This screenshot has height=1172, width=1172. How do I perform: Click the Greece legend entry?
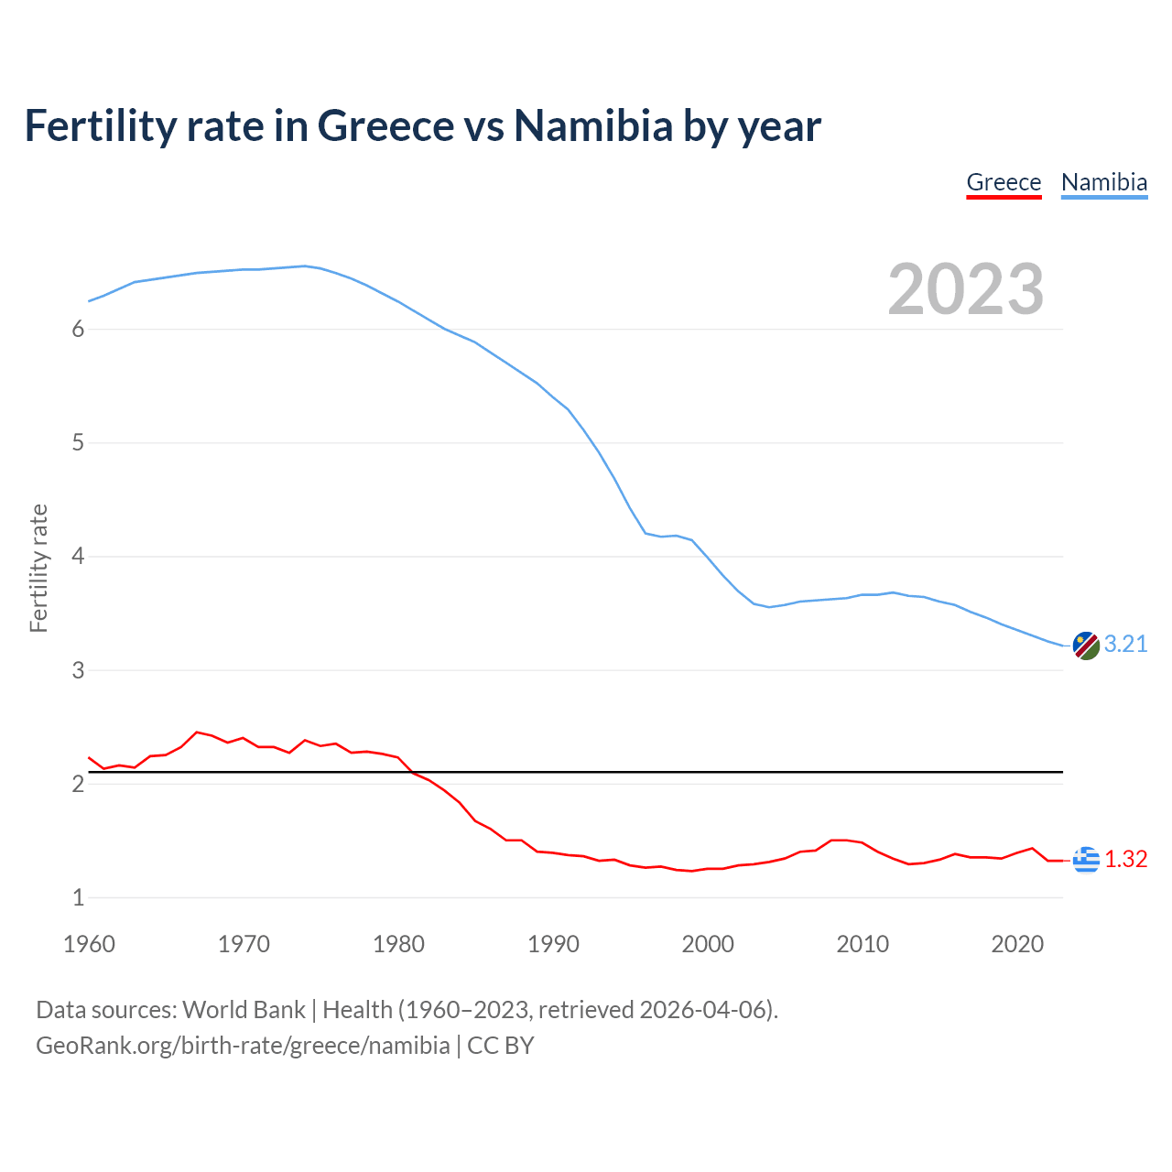(x=1004, y=182)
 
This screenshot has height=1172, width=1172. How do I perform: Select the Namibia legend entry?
(x=1103, y=182)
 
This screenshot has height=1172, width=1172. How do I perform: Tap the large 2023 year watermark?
(x=965, y=289)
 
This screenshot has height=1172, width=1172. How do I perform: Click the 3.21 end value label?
(x=1125, y=645)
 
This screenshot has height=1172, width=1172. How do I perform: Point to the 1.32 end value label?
(x=1125, y=860)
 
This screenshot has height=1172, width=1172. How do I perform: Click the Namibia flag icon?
(x=1085, y=646)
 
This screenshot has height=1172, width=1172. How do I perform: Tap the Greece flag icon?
(x=1085, y=860)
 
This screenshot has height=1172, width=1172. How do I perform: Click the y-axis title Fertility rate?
(x=38, y=568)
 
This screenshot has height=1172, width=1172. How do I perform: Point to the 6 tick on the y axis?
(x=78, y=330)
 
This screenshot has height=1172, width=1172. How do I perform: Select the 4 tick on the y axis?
(x=78, y=557)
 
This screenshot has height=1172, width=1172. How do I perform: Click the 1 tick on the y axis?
(x=78, y=898)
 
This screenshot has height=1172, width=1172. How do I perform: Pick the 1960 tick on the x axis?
(x=89, y=944)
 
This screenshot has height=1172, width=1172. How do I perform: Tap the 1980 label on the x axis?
(x=398, y=944)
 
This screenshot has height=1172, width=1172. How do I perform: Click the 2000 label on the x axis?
(x=708, y=944)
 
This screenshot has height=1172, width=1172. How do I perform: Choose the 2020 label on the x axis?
(x=1017, y=944)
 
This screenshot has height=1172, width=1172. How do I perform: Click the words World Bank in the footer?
(x=244, y=1010)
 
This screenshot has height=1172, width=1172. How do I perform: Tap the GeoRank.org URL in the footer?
(x=243, y=1046)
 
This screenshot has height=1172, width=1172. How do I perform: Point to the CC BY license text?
(x=501, y=1046)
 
